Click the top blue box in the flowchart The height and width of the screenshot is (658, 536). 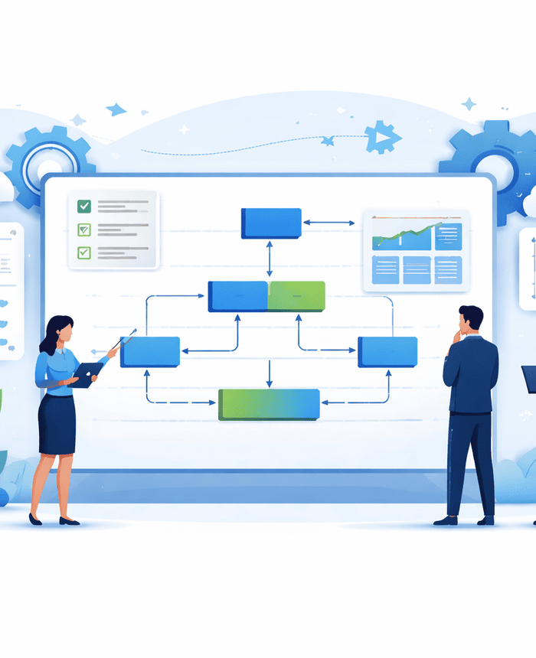pos(271,223)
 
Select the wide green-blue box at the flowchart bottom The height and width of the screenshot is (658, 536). pos(269,404)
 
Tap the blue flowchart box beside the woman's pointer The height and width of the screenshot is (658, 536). pos(150,352)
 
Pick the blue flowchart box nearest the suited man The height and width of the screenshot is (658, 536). pos(387,351)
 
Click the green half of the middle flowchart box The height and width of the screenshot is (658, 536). pos(296,296)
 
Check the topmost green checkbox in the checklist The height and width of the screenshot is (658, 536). pos(84,206)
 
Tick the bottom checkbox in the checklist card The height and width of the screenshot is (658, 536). pos(84,252)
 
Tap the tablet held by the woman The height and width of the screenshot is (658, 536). pos(87,374)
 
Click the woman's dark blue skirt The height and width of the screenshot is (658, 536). pos(57,424)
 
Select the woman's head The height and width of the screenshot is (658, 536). pos(61,331)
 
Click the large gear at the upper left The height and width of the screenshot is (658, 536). pos(51,164)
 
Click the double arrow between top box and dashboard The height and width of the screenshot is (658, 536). pos(328,223)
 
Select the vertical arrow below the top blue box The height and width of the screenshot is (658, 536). pos(269,259)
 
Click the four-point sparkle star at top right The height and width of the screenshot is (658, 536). pos(469,103)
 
